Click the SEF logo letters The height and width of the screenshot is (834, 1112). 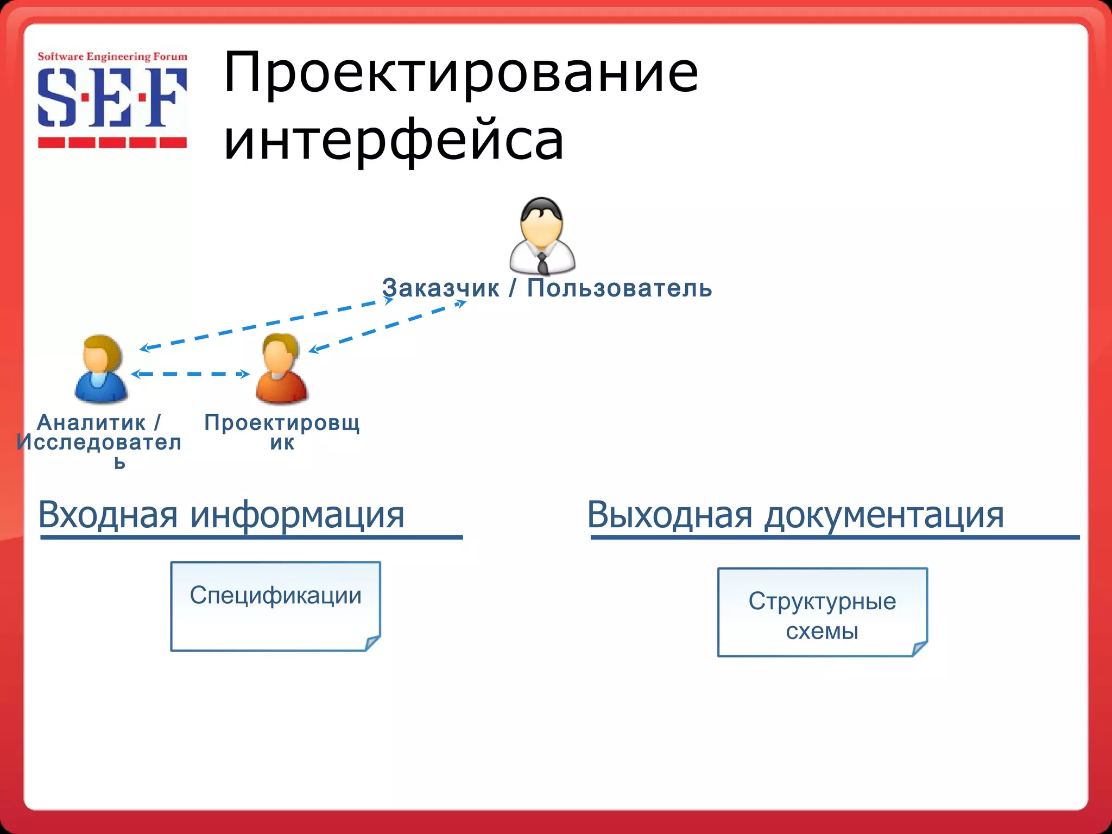click(112, 98)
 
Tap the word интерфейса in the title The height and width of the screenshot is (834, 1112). click(394, 140)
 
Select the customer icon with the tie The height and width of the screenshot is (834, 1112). click(542, 236)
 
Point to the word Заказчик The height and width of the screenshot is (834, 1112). click(440, 288)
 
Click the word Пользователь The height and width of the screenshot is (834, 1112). click(620, 288)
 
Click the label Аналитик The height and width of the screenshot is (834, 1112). click(91, 422)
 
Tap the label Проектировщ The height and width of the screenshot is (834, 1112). click(282, 422)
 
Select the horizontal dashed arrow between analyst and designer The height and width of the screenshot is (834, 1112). click(190, 374)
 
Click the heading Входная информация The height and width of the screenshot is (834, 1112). click(222, 514)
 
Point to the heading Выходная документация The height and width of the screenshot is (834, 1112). click(795, 514)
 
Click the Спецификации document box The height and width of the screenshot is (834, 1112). click(275, 606)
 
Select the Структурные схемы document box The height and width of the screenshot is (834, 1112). click(822, 612)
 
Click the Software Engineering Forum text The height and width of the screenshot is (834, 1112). click(112, 56)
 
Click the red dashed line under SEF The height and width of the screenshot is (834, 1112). click(112, 143)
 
